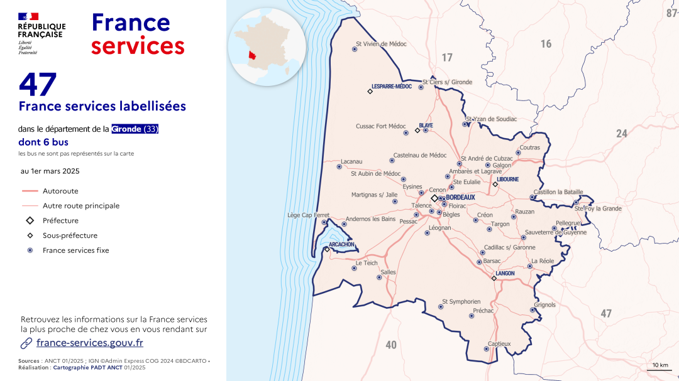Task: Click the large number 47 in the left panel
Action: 38,85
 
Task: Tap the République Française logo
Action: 41,33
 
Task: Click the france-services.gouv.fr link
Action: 89,343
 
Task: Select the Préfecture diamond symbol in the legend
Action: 30,221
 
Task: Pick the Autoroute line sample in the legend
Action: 30,191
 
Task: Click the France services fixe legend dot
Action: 30,250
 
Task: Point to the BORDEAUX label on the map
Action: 460,197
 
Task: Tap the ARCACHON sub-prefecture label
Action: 341,244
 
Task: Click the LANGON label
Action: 505,273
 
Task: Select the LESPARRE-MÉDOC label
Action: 391,87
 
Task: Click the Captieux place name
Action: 499,343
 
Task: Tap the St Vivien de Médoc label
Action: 381,44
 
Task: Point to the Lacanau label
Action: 351,161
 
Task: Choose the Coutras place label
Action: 529,148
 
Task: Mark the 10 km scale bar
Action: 660,369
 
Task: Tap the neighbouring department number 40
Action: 391,345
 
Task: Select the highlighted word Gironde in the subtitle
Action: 126,129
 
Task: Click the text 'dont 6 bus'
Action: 43,142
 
